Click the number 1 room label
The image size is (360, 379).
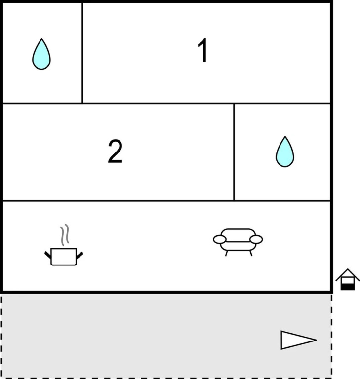click(x=203, y=50)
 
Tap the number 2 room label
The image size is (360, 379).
click(x=115, y=152)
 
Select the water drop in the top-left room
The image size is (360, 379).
click(x=41, y=54)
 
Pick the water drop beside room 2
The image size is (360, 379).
click(x=285, y=152)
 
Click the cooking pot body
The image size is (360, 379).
click(x=64, y=257)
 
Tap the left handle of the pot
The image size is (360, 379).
click(x=48, y=255)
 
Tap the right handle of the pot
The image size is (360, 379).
click(x=80, y=255)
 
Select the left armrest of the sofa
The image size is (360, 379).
click(x=220, y=239)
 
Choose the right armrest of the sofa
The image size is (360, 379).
click(x=256, y=239)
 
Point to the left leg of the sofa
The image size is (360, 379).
click(x=227, y=253)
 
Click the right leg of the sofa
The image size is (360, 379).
click(x=251, y=253)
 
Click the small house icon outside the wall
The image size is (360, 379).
click(x=348, y=279)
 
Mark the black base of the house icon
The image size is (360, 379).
click(x=348, y=287)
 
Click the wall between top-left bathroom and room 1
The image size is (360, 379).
click(x=82, y=53)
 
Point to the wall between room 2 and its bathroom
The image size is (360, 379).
click(x=234, y=152)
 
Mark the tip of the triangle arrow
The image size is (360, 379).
click(x=317, y=340)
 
